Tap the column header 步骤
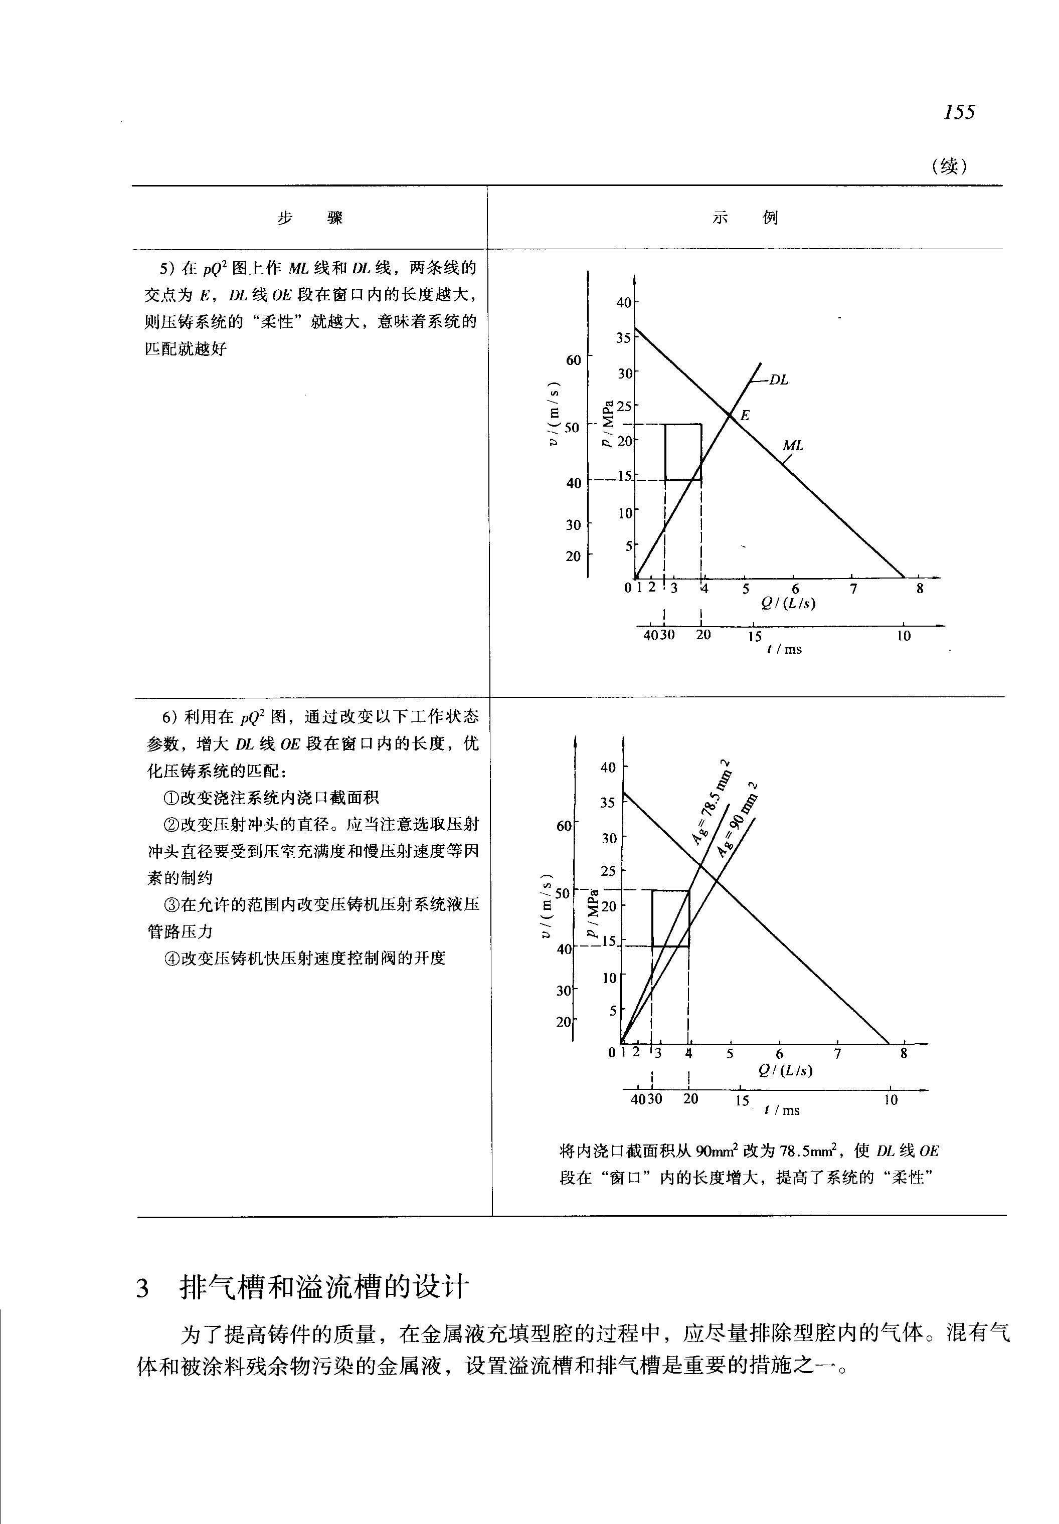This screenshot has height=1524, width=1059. point(310,218)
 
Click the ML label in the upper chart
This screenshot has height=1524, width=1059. point(793,446)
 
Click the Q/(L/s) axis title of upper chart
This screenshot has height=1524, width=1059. point(788,603)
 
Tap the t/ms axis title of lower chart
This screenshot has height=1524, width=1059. point(782,1110)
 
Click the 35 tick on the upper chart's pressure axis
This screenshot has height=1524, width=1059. point(624,338)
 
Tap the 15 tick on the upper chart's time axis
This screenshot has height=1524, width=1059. point(755,637)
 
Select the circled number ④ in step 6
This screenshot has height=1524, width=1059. point(171,959)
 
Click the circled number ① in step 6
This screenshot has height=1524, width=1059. point(171,798)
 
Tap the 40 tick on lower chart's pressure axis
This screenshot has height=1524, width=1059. point(608,768)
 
